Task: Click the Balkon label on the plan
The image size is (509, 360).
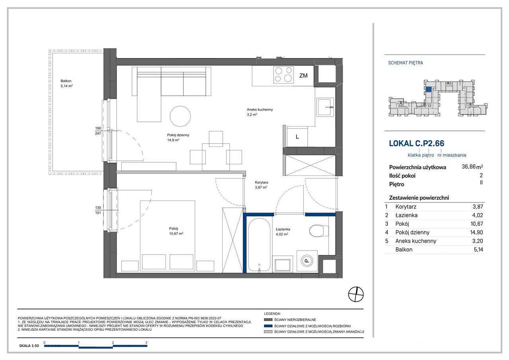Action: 66,81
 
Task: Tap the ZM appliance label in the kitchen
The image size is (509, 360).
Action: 303,76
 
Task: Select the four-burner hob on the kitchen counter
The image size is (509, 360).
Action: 284,75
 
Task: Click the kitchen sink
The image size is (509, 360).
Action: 325,107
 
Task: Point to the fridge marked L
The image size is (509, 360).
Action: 297,137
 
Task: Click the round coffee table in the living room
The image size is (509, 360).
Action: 180,117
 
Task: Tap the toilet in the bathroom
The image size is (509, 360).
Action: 319,231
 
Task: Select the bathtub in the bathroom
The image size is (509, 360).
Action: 259,245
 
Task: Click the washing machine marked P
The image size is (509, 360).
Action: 307,261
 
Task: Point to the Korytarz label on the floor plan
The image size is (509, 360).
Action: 261,183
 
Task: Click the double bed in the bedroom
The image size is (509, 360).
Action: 167,235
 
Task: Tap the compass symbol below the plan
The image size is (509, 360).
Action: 356,294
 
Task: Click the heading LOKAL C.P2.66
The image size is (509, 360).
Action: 416,144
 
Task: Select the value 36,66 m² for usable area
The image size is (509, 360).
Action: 472,167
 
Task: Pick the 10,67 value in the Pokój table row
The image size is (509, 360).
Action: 476,224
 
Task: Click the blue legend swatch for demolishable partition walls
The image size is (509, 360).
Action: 268,326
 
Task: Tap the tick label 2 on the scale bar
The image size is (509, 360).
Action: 113,342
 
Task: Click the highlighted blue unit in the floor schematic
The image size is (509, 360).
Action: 428,90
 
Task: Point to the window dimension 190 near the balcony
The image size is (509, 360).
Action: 98,128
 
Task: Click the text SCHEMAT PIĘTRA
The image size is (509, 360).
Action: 405,63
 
